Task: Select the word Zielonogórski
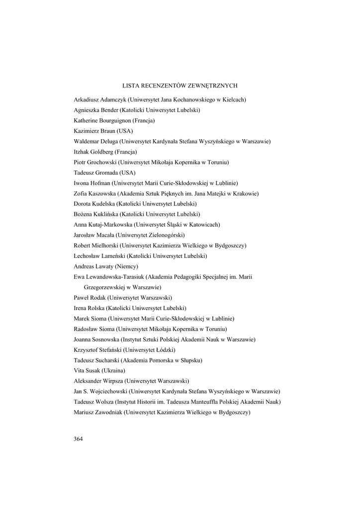point(166,235)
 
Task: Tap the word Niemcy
point(127,266)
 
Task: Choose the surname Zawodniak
point(107,413)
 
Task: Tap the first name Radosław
point(86,329)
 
